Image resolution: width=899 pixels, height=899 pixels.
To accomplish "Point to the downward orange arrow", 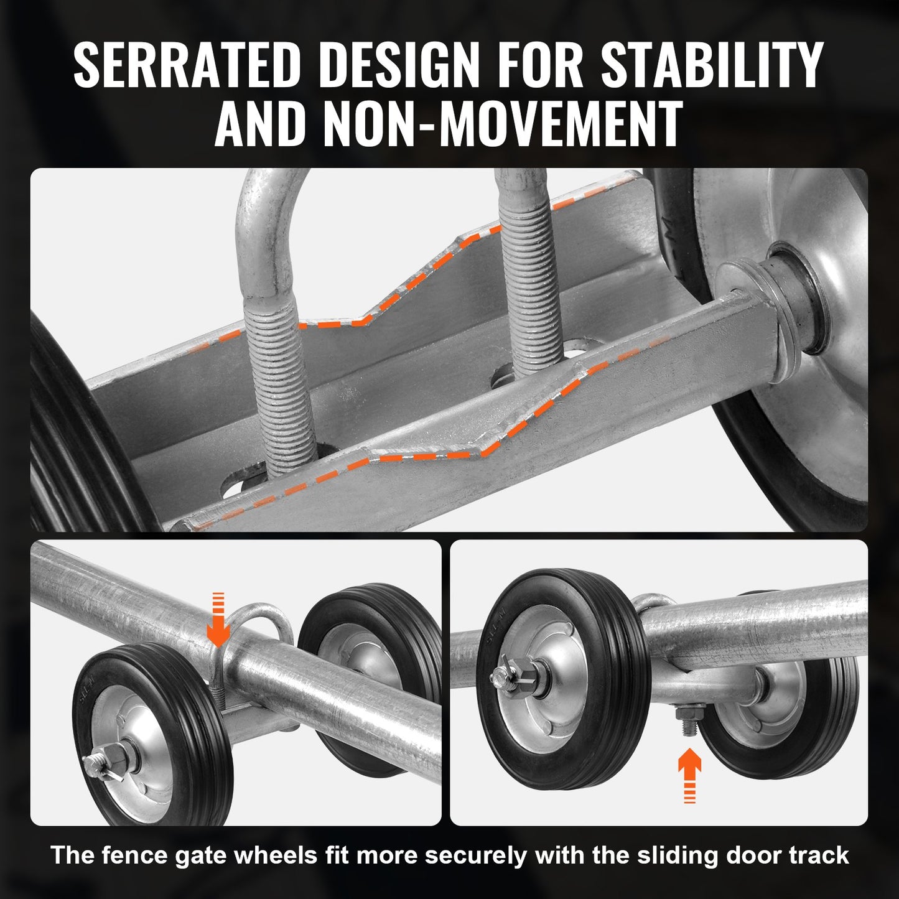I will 218,619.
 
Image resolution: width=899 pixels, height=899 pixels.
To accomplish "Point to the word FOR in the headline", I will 540,66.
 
